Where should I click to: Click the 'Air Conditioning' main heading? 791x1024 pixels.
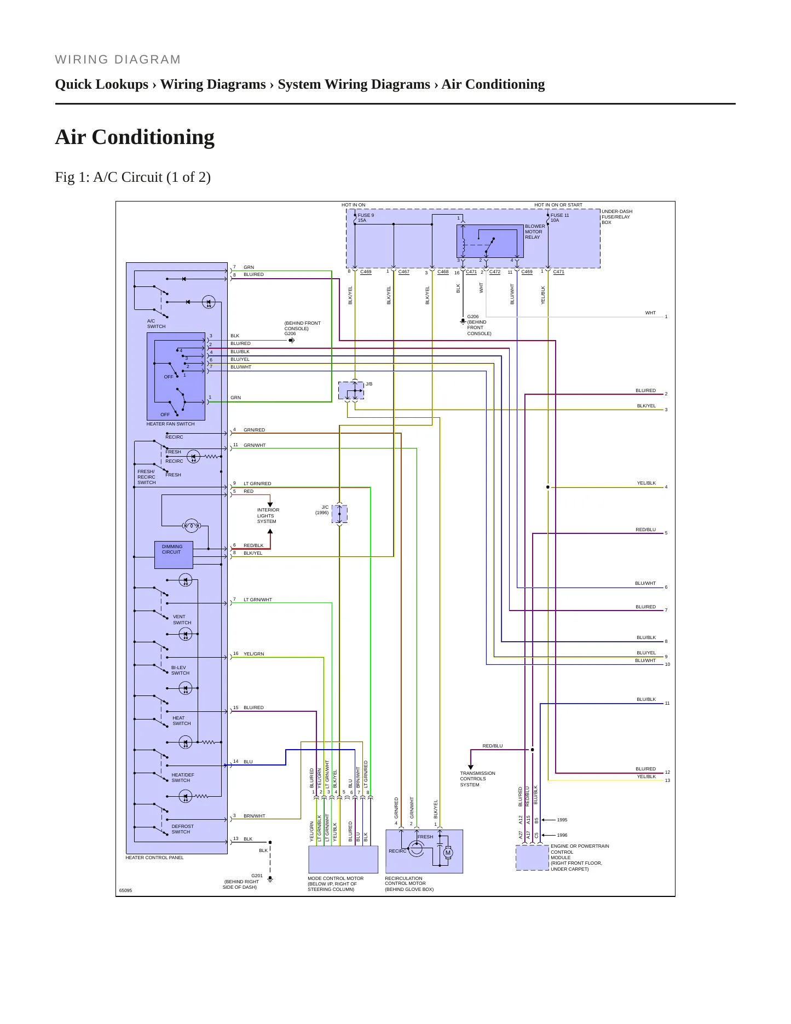[135, 137]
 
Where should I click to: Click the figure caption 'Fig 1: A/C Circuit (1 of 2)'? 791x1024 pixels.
[133, 177]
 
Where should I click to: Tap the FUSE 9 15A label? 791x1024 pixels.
[366, 218]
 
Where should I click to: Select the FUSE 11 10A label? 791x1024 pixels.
[559, 218]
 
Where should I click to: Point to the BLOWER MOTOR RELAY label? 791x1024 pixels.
[535, 232]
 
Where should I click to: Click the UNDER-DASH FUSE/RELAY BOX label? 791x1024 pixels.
[617, 217]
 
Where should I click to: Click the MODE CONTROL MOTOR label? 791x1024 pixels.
[336, 878]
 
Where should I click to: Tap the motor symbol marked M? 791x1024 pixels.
[448, 853]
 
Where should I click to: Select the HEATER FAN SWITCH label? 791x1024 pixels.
[170, 424]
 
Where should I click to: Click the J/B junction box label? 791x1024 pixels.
[369, 384]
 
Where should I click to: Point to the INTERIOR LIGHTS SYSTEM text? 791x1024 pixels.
[268, 516]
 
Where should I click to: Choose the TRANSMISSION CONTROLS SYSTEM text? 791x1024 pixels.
[477, 779]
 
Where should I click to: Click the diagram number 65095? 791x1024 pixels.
[125, 890]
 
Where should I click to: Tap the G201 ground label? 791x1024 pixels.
[257, 876]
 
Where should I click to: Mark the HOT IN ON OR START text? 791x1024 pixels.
[558, 205]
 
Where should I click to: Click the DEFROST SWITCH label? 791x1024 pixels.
[182, 829]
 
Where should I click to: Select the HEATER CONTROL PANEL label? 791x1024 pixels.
[154, 858]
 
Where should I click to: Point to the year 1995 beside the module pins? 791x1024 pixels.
[562, 820]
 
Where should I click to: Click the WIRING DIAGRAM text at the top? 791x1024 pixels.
[118, 60]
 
